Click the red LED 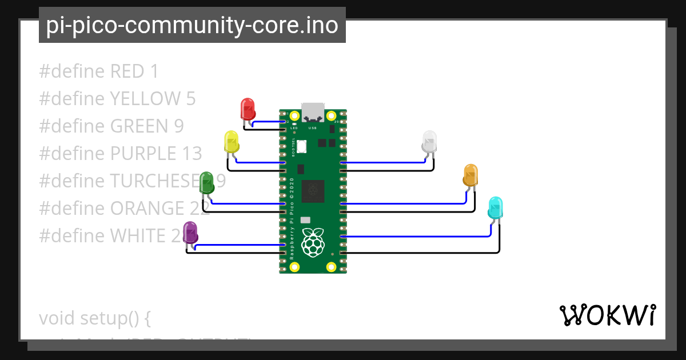pos(248,109)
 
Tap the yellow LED pos(231,141)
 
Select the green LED pos(207,182)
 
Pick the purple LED pos(190,232)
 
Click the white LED pos(429,141)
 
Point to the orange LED pos(470,174)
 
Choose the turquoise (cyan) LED pos(496,207)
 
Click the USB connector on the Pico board pos(313,112)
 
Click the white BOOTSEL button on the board pos(301,146)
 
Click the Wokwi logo pos(608,315)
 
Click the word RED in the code pos(126,71)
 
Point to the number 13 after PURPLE pos(192,154)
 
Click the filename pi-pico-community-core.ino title pos(192,25)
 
